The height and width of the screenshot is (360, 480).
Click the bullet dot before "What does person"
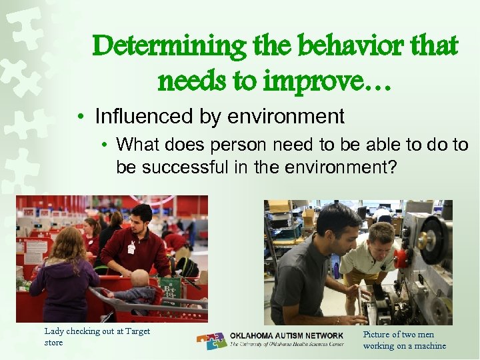105,145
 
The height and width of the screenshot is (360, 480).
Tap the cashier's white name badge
131,248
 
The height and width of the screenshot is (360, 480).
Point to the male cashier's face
141,220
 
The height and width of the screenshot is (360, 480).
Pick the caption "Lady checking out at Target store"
97,337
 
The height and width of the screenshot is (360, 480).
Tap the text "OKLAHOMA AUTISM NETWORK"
287,335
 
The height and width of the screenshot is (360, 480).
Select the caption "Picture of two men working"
404,339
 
